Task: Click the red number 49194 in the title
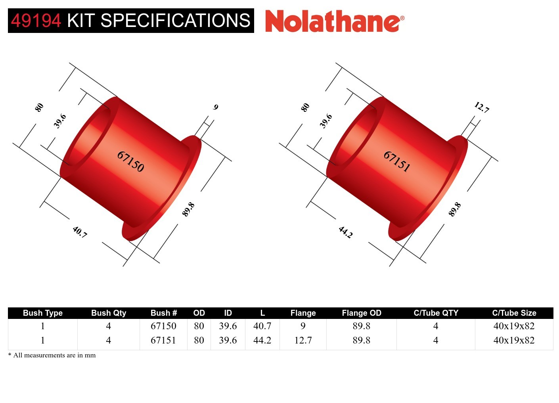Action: pyautogui.click(x=36, y=21)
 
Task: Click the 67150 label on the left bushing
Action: pyautogui.click(x=130, y=161)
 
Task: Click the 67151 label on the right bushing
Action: pyautogui.click(x=396, y=161)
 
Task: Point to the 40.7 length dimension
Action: pyautogui.click(x=80, y=232)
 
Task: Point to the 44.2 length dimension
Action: pyautogui.click(x=345, y=232)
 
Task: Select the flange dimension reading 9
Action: pyautogui.click(x=216, y=107)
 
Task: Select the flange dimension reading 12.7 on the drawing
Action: pyautogui.click(x=482, y=107)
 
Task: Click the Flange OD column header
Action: pyautogui.click(x=361, y=313)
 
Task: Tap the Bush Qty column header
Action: pyautogui.click(x=108, y=313)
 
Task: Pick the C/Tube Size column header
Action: pyautogui.click(x=514, y=313)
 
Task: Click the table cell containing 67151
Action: pyautogui.click(x=163, y=340)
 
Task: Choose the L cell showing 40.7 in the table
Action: pyautogui.click(x=262, y=326)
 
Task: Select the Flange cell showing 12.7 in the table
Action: pyautogui.click(x=303, y=340)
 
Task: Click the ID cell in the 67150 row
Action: pyautogui.click(x=228, y=326)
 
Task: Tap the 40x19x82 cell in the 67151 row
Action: pyautogui.click(x=514, y=340)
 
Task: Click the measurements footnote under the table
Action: pyautogui.click(x=52, y=355)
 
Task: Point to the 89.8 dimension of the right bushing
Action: pyautogui.click(x=455, y=209)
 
